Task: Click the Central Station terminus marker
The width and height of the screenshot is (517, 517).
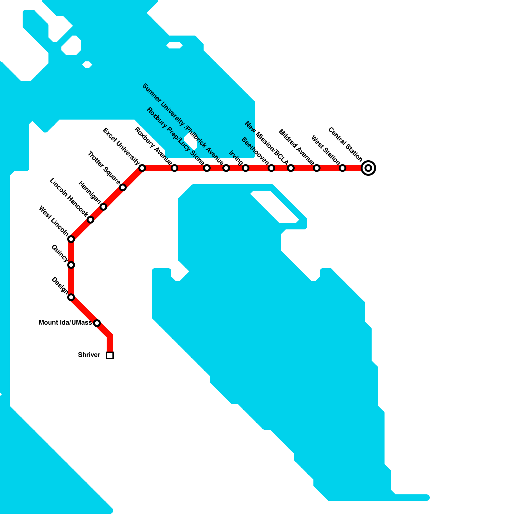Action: [x=368, y=168]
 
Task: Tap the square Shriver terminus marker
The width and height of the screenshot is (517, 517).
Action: [x=110, y=355]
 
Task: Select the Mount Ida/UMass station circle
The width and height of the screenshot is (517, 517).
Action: [x=97, y=323]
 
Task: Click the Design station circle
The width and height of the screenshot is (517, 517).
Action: [x=71, y=297]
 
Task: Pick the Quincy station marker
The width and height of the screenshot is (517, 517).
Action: [x=71, y=265]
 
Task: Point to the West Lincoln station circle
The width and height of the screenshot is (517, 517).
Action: [x=71, y=239]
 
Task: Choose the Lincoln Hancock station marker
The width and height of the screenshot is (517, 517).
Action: [x=90, y=220]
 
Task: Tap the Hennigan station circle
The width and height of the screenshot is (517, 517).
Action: [x=103, y=207]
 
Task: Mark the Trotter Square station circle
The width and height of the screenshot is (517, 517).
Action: [x=123, y=187]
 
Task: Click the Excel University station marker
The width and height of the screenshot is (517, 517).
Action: [x=142, y=168]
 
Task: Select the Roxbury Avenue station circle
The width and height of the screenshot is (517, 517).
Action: [x=174, y=168]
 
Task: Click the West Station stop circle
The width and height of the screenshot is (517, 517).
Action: [x=343, y=168]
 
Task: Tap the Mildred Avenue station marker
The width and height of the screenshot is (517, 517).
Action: [x=317, y=168]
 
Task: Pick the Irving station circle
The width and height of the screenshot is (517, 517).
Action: [x=246, y=168]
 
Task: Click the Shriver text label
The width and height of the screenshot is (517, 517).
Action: [x=89, y=355]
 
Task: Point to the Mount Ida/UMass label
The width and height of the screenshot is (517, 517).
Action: [x=65, y=323]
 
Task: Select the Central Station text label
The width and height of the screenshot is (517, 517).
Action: [x=345, y=144]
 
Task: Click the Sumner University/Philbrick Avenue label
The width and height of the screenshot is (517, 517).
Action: [x=183, y=124]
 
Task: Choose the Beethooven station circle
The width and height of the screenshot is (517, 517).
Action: [x=271, y=168]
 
